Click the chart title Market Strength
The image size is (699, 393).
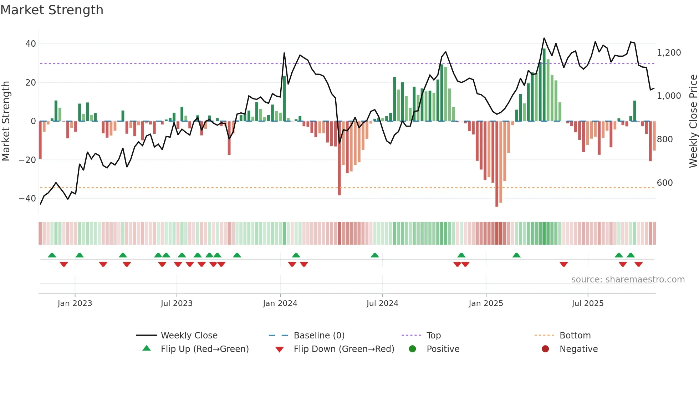coord(52,10)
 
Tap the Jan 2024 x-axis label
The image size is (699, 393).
coord(280,303)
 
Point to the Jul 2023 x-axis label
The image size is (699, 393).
coord(177,303)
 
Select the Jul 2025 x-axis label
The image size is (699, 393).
coord(587,303)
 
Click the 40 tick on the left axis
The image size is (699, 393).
coord(31,44)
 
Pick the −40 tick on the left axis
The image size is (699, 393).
coord(27,199)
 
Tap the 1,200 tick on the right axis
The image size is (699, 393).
coord(669,53)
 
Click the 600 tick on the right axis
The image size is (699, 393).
coord(665,183)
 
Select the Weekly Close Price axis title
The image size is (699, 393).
coord(693,121)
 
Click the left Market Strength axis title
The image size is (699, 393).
coord(6,121)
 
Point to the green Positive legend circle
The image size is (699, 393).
coord(413,349)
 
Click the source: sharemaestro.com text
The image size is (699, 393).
coord(628,280)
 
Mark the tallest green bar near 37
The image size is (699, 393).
coord(544,85)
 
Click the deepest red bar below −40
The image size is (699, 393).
coord(497,164)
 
